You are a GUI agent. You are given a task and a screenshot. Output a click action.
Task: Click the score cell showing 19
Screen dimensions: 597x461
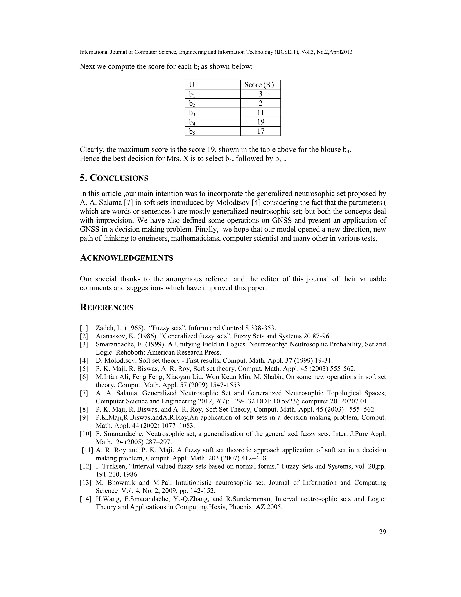pyautogui.click(x=260, y=122)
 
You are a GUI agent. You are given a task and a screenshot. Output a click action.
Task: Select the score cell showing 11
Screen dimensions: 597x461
pyautogui.click(x=260, y=113)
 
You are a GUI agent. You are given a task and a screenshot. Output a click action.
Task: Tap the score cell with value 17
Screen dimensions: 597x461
pyautogui.click(x=260, y=131)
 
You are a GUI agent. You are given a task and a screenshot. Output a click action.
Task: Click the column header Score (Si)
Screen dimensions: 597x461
pyautogui.click(x=259, y=85)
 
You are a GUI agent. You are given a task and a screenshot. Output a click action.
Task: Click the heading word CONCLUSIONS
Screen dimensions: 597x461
pyautogui.click(x=119, y=178)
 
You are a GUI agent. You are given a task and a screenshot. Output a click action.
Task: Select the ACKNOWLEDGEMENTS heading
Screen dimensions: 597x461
pyautogui.click(x=127, y=258)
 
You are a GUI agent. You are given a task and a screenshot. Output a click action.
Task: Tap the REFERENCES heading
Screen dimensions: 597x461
pyautogui.click(x=106, y=308)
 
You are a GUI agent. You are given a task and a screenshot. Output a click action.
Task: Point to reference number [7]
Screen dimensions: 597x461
pyautogui.click(x=84, y=393)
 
